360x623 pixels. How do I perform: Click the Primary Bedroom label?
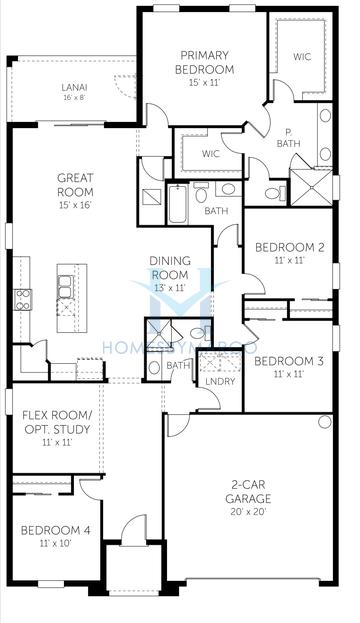[x=207, y=62]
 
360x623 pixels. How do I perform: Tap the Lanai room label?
[x=74, y=87]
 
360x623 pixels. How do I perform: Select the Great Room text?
[x=75, y=185]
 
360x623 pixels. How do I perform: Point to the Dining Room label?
[x=170, y=267]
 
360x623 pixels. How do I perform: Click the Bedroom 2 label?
[x=289, y=247]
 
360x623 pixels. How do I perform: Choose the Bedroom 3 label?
[x=288, y=361]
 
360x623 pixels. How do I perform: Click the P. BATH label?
[x=291, y=137]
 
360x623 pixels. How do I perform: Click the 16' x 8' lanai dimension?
[x=74, y=98]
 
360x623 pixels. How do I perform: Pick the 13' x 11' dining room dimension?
[x=170, y=287]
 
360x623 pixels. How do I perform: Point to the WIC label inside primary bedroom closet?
[x=302, y=58]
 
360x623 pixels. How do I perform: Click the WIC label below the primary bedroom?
[x=210, y=154]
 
